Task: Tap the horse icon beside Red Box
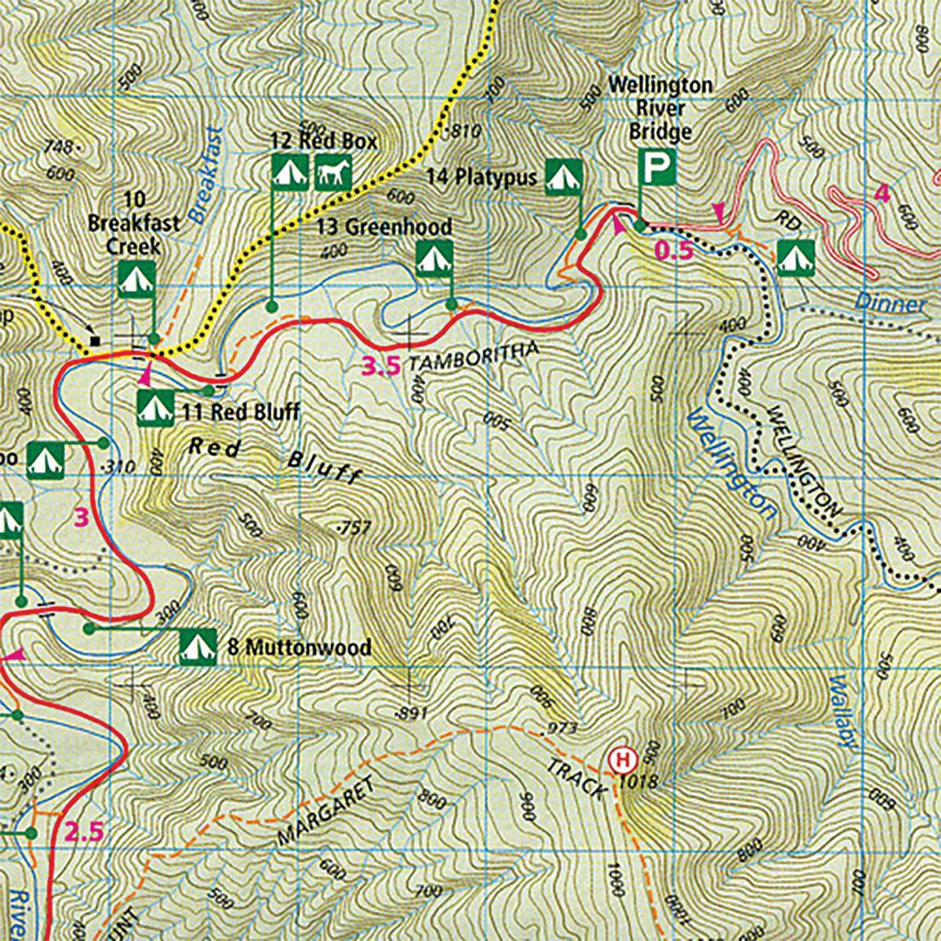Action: click(333, 172)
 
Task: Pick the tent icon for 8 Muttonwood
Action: click(198, 647)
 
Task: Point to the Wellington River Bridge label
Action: click(660, 107)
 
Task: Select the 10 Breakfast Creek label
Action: click(133, 223)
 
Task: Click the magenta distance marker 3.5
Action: click(380, 365)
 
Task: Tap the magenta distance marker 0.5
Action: click(674, 251)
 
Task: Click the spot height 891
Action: click(411, 712)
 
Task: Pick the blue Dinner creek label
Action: click(890, 302)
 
